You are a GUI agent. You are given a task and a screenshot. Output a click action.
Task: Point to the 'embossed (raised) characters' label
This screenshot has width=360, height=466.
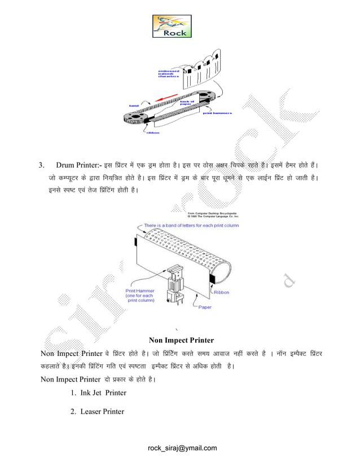point(169,74)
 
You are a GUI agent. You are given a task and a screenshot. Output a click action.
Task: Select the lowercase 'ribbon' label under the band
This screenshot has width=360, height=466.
point(153,133)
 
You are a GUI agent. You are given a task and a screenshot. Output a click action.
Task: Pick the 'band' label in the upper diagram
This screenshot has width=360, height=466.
point(134,105)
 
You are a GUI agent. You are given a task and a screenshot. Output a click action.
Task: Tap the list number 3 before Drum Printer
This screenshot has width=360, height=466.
point(41,165)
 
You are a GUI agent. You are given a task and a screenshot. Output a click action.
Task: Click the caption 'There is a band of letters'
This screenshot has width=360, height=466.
point(191,226)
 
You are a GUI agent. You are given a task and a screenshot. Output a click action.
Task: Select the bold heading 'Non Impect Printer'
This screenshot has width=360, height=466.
point(181,340)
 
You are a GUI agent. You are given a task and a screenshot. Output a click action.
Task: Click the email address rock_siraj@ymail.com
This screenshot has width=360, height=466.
point(182,448)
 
